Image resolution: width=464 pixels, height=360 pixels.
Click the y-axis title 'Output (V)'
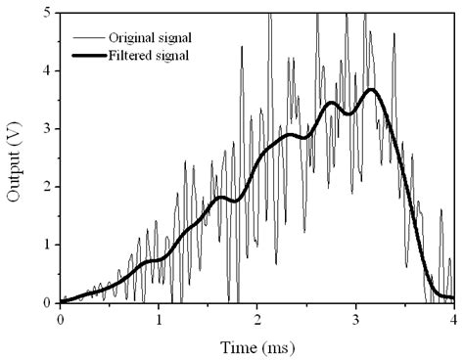coord(16,157)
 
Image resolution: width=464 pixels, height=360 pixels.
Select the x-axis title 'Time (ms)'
coord(256,345)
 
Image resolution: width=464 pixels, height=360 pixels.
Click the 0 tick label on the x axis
coord(61,319)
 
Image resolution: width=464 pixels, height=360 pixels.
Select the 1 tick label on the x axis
coord(159,319)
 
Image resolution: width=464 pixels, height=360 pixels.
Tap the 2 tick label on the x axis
coord(256,319)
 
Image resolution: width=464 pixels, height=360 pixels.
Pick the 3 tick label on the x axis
coord(354,319)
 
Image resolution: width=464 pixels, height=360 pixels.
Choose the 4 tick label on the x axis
coord(452,319)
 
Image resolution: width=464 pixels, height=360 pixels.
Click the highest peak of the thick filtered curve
coord(370,90)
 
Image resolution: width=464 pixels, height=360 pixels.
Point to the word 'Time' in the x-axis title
coord(243,345)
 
